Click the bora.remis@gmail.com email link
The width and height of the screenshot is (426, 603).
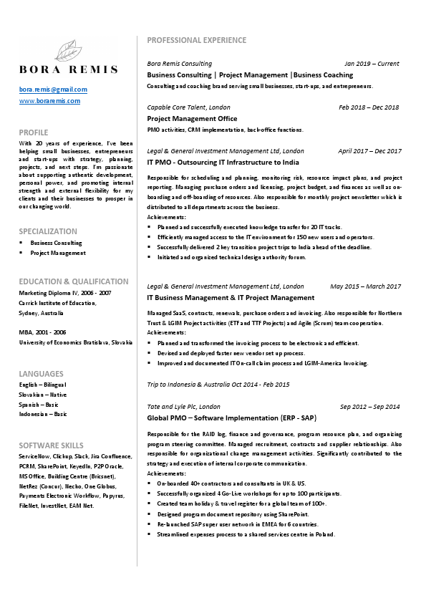pos(53,90)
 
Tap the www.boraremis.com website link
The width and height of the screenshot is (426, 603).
pos(49,101)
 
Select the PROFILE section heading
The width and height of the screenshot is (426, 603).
pos(34,132)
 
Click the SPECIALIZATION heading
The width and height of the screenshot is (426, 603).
pos(48,231)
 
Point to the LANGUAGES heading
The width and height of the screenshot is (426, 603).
pos(41,374)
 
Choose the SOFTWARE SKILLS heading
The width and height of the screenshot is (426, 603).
pos(51,445)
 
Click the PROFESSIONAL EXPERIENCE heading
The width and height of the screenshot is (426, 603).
pos(196,39)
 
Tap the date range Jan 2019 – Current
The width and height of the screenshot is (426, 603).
pos(372,64)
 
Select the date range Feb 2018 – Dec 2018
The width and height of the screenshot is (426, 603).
pos(369,107)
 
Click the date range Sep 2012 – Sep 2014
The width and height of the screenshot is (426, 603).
pos(370,407)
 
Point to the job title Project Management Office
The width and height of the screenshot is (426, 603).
pos(192,119)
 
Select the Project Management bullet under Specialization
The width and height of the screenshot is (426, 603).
pos(58,253)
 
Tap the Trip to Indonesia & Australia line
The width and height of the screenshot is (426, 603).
pos(218,385)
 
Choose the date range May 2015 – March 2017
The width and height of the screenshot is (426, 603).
pos(365,286)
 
